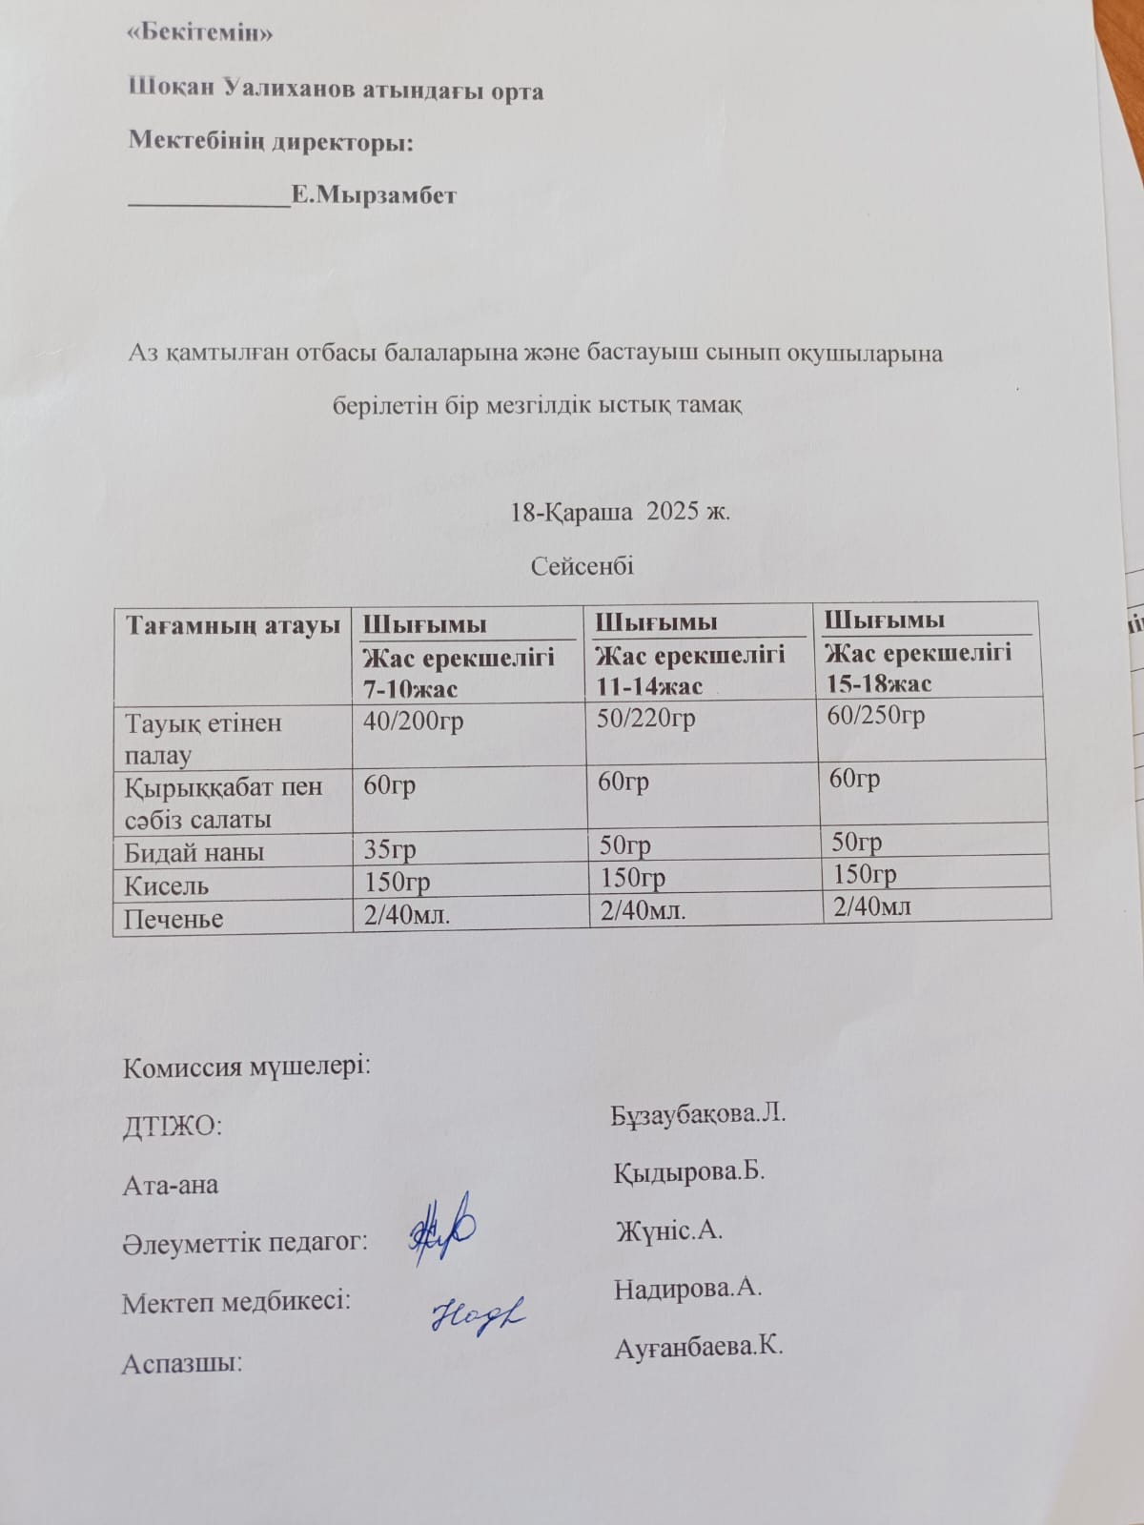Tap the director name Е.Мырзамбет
374,196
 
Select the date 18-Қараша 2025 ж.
621,512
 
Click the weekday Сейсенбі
582,566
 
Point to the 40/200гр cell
414,722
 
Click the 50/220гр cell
645,718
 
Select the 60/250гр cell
876,715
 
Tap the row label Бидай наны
194,852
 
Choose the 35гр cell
390,848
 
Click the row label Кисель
167,885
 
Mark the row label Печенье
174,919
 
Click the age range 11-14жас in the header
649,685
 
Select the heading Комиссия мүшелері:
247,1067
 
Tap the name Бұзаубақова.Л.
698,1114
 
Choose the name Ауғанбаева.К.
699,1348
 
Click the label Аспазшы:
182,1364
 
